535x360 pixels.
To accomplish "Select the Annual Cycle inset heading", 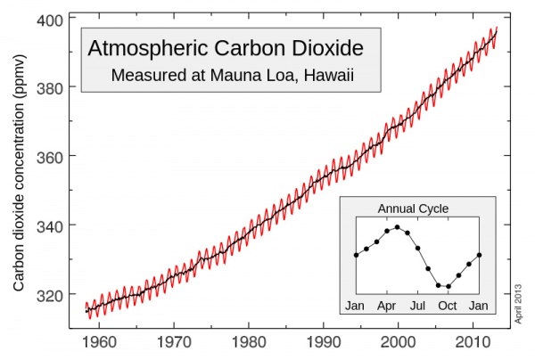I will (414, 209).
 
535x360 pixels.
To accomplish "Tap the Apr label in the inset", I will (386, 307).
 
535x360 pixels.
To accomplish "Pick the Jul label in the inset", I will (416, 307).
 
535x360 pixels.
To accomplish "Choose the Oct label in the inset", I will (448, 307).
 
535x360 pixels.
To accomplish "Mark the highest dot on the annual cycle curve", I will (397, 227).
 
